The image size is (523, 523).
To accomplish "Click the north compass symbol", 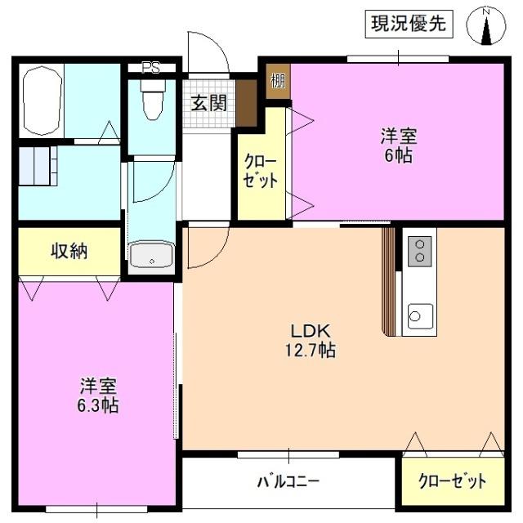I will pyautogui.click(x=487, y=27).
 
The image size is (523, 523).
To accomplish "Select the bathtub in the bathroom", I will pyautogui.click(x=42, y=101).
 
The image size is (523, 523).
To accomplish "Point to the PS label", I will pyautogui.click(x=150, y=69).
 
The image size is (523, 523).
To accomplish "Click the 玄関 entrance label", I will pyautogui.click(x=209, y=103).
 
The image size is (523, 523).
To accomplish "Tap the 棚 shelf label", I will pyautogui.click(x=279, y=81).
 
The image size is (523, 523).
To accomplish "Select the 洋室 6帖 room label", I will pyautogui.click(x=396, y=145).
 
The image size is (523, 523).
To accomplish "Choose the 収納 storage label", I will pyautogui.click(x=69, y=252).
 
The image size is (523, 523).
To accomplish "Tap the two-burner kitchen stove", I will pyautogui.click(x=419, y=250).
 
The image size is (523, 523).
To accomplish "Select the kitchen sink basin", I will pyautogui.click(x=420, y=315).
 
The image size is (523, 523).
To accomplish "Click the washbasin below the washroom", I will pyautogui.click(x=151, y=257).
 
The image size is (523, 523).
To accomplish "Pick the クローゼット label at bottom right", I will pyautogui.click(x=452, y=481).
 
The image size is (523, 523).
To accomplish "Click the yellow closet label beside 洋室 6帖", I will pyautogui.click(x=261, y=171).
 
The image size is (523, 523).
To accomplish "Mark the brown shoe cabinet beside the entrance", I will pyautogui.click(x=247, y=103).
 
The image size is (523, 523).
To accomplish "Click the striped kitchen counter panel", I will pyautogui.click(x=388, y=278).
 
